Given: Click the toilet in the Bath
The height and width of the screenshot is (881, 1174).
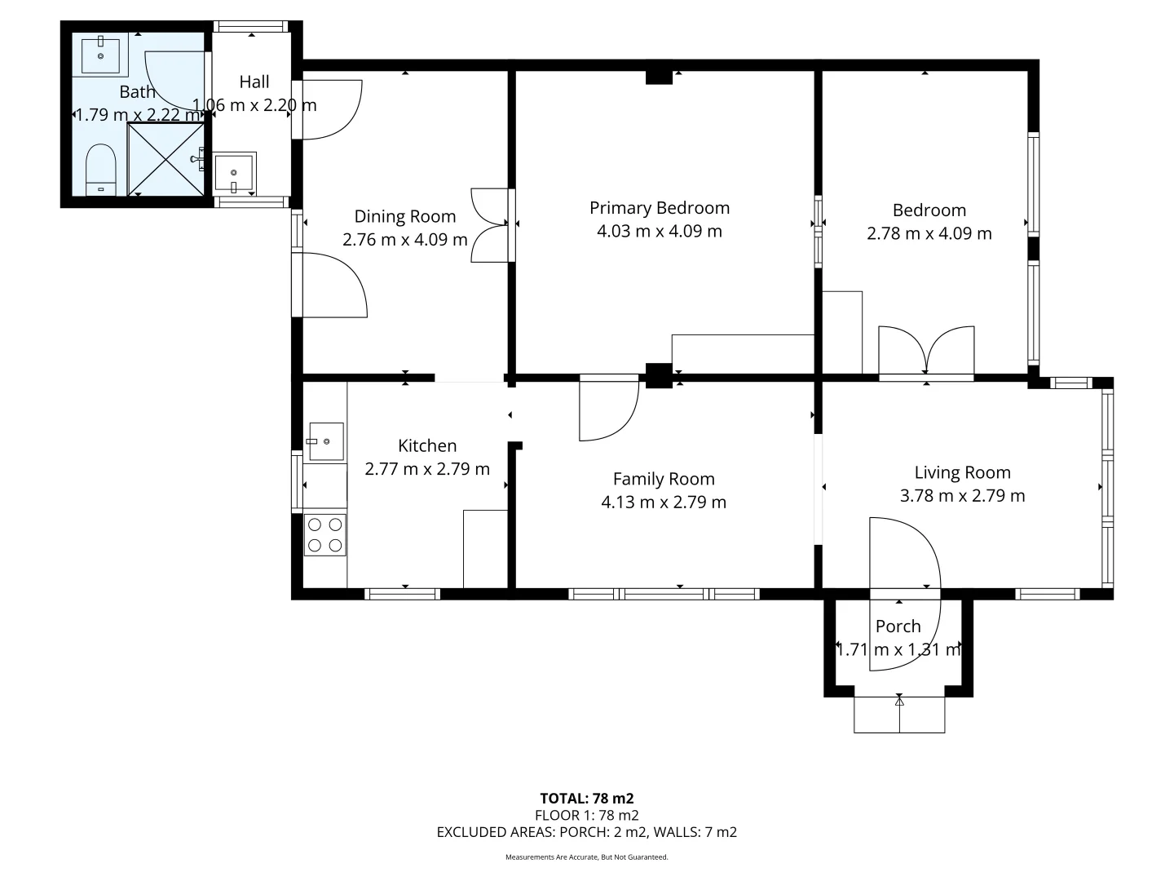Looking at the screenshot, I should click(x=102, y=170).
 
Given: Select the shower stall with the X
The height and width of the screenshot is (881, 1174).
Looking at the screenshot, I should click(x=166, y=159).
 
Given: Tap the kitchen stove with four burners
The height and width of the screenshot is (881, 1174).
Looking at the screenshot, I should click(x=325, y=535).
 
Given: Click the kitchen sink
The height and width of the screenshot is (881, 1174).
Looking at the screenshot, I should click(x=326, y=441).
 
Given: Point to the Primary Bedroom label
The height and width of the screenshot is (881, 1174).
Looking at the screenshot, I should click(x=660, y=208).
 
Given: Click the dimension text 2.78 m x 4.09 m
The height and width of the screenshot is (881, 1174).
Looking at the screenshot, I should click(x=929, y=233).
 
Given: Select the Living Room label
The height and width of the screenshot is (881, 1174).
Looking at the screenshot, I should click(x=962, y=472).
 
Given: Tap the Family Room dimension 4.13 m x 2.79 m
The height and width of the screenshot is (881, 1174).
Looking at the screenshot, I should click(x=663, y=502).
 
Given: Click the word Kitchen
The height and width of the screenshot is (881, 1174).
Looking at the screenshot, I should click(x=427, y=445).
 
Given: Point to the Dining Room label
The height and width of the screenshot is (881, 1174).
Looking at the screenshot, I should click(x=404, y=216).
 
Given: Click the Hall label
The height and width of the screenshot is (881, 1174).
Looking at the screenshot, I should click(x=254, y=82).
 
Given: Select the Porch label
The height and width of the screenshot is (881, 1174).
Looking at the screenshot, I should click(x=898, y=626).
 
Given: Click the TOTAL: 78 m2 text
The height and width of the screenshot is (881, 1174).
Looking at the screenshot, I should click(x=586, y=798).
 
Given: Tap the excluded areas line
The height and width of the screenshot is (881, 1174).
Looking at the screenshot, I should click(x=586, y=832).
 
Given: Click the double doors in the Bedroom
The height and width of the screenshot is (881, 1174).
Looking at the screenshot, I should click(x=926, y=352).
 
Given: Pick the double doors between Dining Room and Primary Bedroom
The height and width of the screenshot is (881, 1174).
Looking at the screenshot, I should click(x=492, y=225).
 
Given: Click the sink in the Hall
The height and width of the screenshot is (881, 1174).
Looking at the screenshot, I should click(x=235, y=174).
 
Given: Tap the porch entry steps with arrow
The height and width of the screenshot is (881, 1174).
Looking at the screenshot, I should click(x=899, y=715).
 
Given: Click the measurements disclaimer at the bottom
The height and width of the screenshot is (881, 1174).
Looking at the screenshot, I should click(x=586, y=857).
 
